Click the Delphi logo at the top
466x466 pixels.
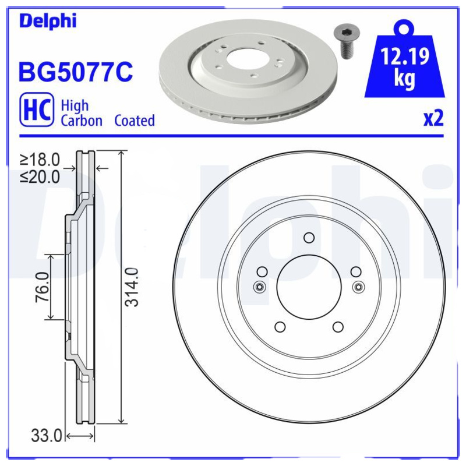pos(48,22)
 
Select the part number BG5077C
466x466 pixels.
pos(76,73)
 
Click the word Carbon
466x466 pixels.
pos(82,121)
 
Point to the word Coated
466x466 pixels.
pos(135,121)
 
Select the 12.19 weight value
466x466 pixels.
pos(405,57)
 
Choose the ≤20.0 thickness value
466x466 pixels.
pos(40,176)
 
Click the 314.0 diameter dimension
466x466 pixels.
pos(133,287)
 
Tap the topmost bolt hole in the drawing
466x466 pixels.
pos(309,237)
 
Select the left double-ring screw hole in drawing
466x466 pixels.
pos(259,286)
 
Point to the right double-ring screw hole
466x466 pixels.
pos(358,286)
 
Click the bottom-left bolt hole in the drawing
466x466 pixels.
pos(280,327)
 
